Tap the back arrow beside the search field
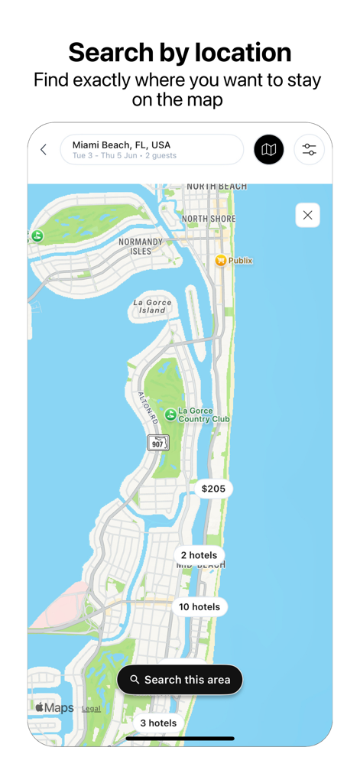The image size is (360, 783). (x=44, y=150)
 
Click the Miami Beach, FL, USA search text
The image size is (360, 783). (x=121, y=145)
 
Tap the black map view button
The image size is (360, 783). (x=269, y=150)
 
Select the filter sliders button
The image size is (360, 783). (x=309, y=150)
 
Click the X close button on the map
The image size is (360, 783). (x=307, y=216)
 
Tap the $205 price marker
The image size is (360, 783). (x=213, y=489)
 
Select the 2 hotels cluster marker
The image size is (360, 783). (x=199, y=555)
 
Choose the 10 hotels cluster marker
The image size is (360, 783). (x=199, y=607)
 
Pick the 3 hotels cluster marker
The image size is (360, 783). (x=158, y=723)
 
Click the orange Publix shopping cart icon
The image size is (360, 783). (x=221, y=261)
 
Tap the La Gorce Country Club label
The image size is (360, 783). (x=203, y=415)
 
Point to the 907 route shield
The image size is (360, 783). (x=158, y=443)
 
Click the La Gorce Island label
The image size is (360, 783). (x=152, y=306)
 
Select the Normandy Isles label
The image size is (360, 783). (x=141, y=246)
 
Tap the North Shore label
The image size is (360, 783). (x=209, y=219)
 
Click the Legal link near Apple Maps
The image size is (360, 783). (x=91, y=709)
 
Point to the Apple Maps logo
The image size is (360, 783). (x=54, y=707)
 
